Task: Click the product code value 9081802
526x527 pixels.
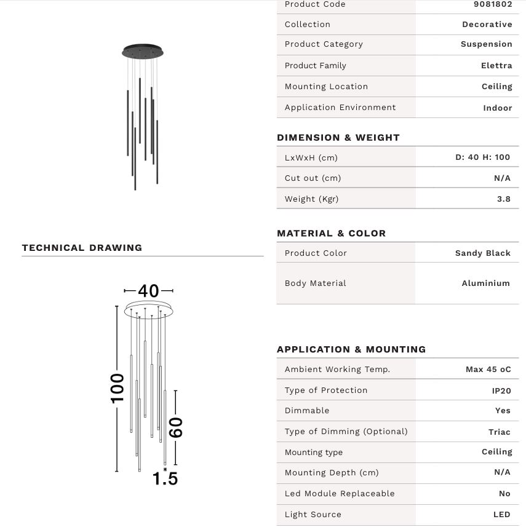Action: coord(492,4)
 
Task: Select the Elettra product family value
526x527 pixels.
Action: coord(496,66)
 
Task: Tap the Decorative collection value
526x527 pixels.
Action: coord(487,25)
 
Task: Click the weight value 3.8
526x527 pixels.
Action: coord(503,199)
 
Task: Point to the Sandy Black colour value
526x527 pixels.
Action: coord(482,253)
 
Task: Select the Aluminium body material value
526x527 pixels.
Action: coord(485,283)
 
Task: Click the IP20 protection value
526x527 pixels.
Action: coord(501,390)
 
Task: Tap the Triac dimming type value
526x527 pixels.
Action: coord(499,432)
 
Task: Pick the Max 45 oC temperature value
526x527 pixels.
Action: coord(488,370)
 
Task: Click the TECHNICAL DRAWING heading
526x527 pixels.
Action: coord(82,248)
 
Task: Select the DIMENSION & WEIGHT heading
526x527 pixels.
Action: coord(338,138)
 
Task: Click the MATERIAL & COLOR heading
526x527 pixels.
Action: coord(331,234)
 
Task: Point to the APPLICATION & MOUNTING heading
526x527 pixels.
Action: coord(351,349)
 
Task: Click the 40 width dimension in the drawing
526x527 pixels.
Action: coord(148,291)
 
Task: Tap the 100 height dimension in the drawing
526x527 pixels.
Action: coord(117,388)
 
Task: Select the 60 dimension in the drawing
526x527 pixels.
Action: coord(175,427)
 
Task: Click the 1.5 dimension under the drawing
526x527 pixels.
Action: coord(165,478)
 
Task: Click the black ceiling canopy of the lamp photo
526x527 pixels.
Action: coord(142,52)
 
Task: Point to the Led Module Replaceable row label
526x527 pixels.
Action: coord(339,494)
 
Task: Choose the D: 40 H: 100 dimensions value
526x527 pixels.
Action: coord(482,157)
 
